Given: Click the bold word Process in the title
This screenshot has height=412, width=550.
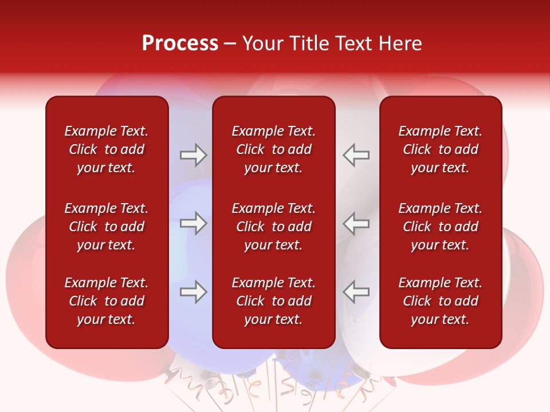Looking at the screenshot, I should coord(180,43).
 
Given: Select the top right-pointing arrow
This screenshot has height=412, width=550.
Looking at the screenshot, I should coord(194,155).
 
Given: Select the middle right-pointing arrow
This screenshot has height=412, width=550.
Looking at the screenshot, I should coord(194,223).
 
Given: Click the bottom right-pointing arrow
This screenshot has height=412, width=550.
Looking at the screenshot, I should coord(194,292).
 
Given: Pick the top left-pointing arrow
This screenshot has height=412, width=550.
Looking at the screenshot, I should coord(356,155).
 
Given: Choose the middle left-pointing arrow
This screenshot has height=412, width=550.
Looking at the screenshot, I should coord(356,223).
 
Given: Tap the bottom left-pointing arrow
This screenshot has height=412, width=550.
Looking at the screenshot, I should coord(356,292).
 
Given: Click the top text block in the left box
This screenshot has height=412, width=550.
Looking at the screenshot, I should coord(107,149).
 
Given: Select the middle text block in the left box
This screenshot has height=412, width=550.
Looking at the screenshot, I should coord(107,227).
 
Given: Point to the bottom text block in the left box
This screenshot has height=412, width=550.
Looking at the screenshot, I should coord(107,301).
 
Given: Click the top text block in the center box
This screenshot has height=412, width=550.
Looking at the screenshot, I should coord(274,149).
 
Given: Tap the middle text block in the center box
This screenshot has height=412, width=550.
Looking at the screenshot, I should coord(274,227).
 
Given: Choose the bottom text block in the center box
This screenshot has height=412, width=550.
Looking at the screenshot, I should coord(274,301).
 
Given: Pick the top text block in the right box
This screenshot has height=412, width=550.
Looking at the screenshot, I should coord(441,149).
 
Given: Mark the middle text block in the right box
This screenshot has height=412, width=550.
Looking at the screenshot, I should coord(441,227).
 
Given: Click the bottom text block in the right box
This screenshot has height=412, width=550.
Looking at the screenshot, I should coord(441,301).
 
